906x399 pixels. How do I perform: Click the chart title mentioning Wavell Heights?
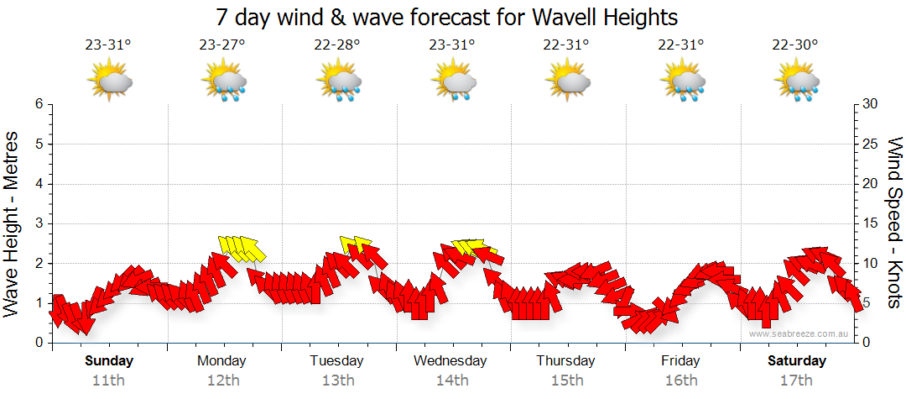click(x=446, y=17)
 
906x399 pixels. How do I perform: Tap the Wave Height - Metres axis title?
click(x=13, y=223)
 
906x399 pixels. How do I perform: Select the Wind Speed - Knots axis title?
click(x=894, y=223)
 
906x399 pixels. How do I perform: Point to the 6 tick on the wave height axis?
click(x=38, y=104)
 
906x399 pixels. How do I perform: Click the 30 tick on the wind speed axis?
click(x=871, y=104)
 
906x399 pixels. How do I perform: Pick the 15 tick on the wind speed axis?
click(x=871, y=223)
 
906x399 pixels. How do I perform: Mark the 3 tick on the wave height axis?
click(x=38, y=223)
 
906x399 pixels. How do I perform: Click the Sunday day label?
click(x=109, y=361)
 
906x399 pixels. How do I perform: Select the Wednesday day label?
click(x=450, y=361)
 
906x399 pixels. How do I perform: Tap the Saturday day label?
click(x=797, y=361)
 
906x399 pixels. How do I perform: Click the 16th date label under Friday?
click(x=680, y=381)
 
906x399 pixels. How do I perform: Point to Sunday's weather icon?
click(x=110, y=81)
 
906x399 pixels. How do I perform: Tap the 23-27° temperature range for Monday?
click(x=222, y=45)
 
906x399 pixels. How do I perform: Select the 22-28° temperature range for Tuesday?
click(x=337, y=45)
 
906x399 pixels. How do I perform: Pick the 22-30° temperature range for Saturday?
click(x=795, y=45)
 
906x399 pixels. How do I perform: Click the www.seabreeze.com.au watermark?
click(x=800, y=333)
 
